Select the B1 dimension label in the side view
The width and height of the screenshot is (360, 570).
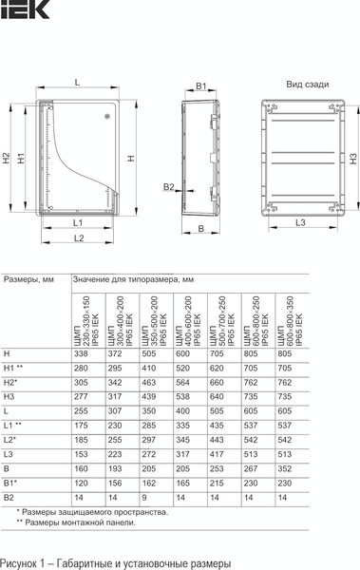click(200, 86)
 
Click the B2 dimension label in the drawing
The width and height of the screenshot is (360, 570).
click(168, 187)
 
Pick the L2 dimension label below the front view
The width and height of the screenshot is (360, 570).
click(80, 237)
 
